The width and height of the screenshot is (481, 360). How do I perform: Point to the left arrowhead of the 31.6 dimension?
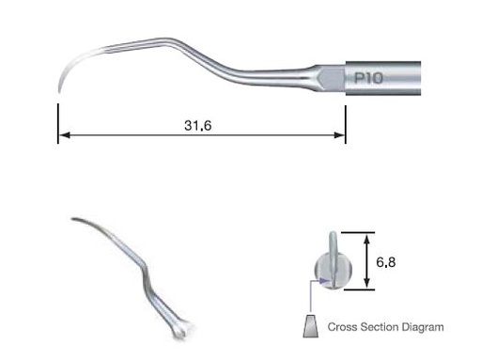(x=62, y=138)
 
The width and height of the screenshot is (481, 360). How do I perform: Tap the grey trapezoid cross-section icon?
(x=308, y=328)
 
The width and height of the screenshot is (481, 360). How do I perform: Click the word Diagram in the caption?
(x=423, y=328)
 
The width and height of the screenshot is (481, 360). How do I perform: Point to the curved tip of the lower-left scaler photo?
(x=73, y=220)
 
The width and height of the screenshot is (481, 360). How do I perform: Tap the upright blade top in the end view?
(x=332, y=237)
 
